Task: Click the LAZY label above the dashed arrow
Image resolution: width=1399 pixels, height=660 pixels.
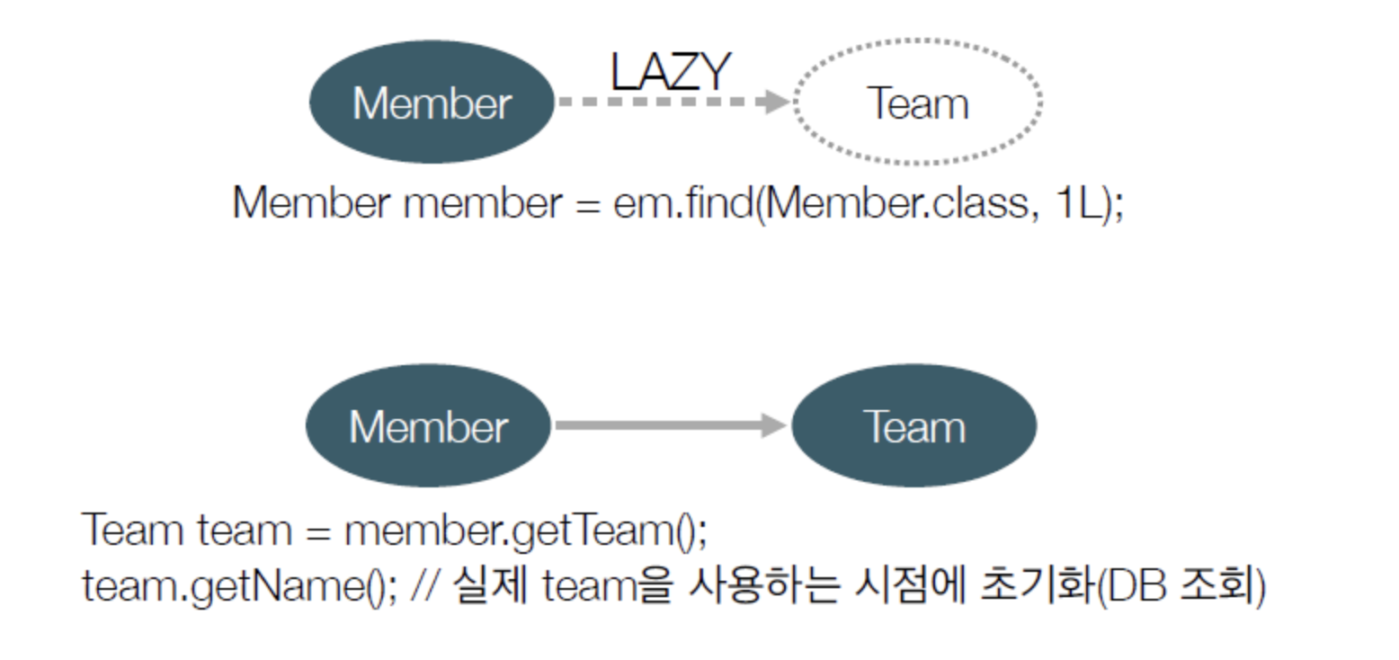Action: pos(670,71)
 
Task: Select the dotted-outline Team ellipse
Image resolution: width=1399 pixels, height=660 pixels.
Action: pos(918,41)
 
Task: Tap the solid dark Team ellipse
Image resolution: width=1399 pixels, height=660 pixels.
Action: pos(914,426)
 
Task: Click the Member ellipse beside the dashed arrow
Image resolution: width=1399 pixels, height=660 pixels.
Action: pos(432,102)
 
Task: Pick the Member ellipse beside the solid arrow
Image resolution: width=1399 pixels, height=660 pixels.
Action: pos(428,426)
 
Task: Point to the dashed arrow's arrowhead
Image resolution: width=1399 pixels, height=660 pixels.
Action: pos(773,101)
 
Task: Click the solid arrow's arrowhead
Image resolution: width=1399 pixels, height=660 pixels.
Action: pos(773,426)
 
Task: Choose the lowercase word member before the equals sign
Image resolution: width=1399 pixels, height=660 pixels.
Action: pos(483,203)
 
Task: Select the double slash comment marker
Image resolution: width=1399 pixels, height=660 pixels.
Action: pos(425,585)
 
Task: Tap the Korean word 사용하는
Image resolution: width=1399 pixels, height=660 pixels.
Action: pos(762,584)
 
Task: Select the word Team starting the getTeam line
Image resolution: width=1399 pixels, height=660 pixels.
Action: pos(133,530)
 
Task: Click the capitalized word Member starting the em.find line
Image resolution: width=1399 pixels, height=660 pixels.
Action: pos(311,202)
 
